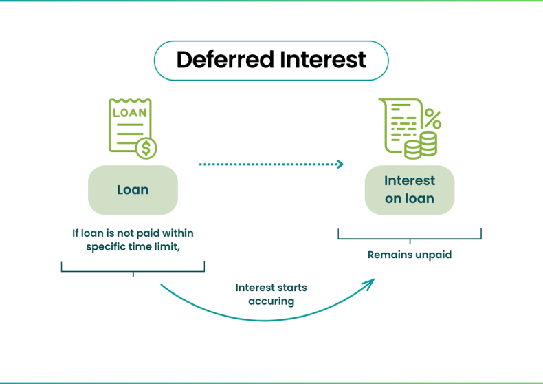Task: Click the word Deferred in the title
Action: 223,60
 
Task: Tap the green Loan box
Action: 133,190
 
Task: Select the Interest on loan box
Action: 410,190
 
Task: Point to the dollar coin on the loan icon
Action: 146,148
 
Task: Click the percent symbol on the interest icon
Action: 432,118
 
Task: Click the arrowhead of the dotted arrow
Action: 340,164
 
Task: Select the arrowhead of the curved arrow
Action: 371,282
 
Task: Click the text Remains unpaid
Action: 410,255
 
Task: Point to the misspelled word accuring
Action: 271,301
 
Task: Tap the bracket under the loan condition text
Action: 133,269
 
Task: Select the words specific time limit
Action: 133,247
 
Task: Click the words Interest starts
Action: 271,287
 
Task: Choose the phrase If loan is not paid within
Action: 133,233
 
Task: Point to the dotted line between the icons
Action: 268,164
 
